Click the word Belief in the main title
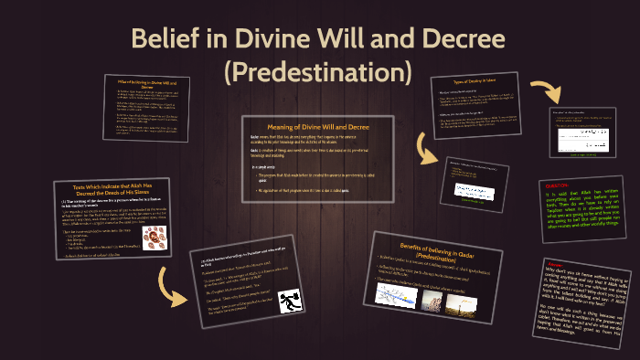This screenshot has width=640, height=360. (x=163, y=40)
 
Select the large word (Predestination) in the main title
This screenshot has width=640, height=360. (x=319, y=70)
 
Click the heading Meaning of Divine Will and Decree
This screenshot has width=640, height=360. (x=319, y=127)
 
